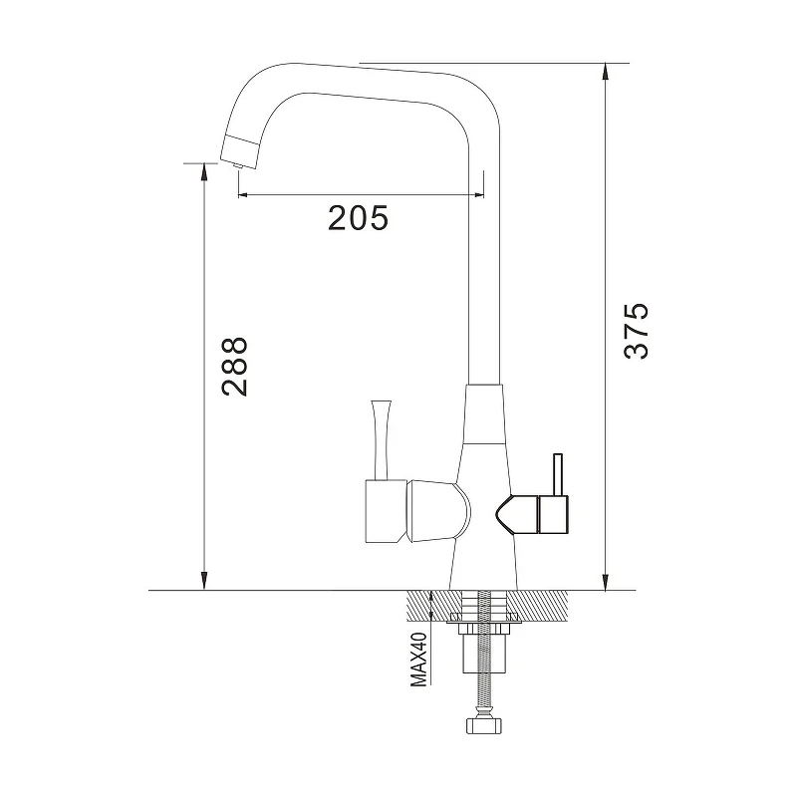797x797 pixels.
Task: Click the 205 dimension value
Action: pos(358,218)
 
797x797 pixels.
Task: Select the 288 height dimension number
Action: pos(235,367)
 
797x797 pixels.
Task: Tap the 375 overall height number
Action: pos(637,331)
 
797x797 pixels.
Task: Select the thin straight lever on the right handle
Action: pos(558,474)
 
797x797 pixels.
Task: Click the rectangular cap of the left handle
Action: pos(387,511)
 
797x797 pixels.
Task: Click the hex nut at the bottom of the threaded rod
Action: pos(484,725)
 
